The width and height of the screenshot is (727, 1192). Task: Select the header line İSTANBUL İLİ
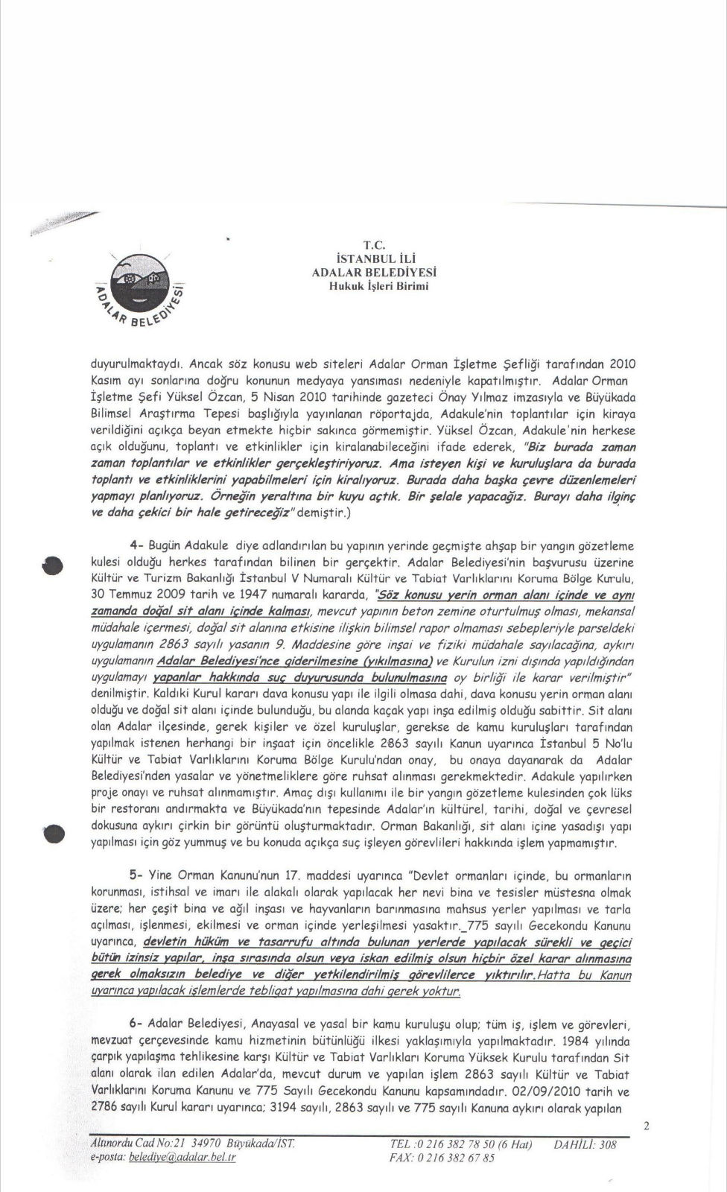373,259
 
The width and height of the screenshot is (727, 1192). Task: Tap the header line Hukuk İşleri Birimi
373,285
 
